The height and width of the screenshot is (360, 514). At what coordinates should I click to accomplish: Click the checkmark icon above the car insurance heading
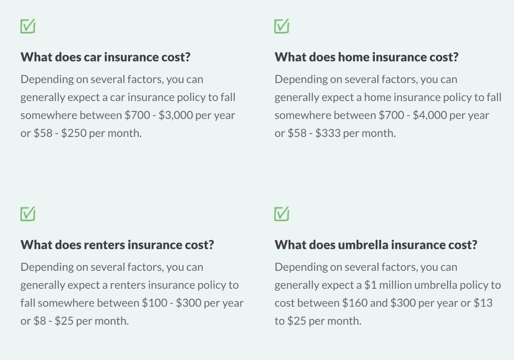(28, 26)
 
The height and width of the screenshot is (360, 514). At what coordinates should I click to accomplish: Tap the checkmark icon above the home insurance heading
(282, 26)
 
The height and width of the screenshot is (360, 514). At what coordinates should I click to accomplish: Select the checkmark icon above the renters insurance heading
(28, 214)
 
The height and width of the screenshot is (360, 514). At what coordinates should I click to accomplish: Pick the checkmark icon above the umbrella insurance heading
(282, 214)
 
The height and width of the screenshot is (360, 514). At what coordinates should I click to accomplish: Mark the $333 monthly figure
(328, 133)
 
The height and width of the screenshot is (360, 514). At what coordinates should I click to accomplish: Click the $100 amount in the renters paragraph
(154, 303)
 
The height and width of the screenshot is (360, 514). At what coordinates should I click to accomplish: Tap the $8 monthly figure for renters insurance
(39, 321)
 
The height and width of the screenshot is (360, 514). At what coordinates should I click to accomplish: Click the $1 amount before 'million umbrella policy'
(370, 285)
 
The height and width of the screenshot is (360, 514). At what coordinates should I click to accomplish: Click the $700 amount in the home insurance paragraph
(391, 115)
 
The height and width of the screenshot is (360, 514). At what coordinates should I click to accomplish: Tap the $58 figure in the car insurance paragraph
(43, 133)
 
